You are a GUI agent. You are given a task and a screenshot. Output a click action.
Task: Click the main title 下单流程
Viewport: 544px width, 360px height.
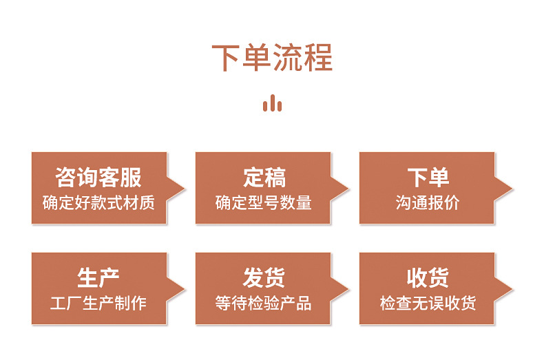pos(272,58)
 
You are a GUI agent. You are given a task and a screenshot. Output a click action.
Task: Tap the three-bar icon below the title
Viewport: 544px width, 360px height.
pos(272,104)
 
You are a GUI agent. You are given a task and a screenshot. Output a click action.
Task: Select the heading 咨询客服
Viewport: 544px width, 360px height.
pos(98,178)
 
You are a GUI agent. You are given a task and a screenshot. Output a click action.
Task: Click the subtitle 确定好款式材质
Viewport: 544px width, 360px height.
pos(98,203)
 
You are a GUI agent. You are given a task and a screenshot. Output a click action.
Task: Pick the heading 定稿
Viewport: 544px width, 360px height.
pos(264,178)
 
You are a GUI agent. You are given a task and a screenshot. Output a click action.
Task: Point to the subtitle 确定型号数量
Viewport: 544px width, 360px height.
pos(264,203)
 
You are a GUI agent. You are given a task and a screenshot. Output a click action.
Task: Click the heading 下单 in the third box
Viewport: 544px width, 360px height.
pos(428,178)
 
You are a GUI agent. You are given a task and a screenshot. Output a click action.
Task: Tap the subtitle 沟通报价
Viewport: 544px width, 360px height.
pos(428,203)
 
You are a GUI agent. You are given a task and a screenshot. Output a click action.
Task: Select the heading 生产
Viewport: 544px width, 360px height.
pos(98,278)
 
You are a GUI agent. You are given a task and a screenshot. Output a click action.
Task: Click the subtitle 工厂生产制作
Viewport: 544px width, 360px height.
pos(98,304)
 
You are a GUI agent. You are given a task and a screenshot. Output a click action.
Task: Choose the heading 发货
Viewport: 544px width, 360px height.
pos(264,278)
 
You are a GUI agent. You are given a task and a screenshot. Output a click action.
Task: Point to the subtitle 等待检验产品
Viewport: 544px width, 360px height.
pos(264,304)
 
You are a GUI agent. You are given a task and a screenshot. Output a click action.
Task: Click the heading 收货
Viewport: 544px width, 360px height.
pos(428,278)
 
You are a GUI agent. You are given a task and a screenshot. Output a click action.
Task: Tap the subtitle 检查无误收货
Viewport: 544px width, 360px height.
pos(428,304)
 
